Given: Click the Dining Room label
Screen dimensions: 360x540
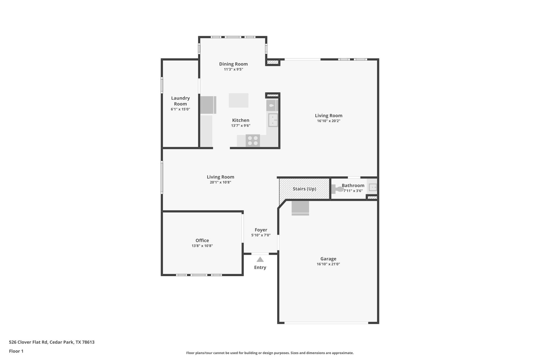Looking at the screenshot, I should (233, 64).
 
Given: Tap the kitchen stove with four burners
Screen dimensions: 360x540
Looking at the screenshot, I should (253, 141).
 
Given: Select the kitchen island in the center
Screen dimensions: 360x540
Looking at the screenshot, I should (238, 100).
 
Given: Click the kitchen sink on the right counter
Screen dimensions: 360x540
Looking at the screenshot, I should (273, 120).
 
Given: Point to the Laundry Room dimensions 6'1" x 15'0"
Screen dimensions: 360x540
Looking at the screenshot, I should (180, 109).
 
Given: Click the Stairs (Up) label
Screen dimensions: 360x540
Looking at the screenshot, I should (304, 189).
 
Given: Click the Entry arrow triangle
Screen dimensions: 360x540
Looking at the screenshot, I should (260, 260).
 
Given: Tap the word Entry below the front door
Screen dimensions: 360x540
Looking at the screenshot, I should (260, 267).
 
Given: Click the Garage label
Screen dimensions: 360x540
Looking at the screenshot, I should (328, 259).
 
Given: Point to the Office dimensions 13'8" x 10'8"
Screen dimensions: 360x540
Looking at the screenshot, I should (202, 246).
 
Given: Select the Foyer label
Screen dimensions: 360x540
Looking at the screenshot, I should (261, 230).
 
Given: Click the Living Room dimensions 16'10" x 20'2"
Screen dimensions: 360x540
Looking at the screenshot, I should (329, 121).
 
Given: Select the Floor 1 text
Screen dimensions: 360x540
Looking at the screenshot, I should (16, 351).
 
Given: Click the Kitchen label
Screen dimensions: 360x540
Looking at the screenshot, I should (240, 120).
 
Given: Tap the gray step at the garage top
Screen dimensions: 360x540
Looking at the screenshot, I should (300, 208).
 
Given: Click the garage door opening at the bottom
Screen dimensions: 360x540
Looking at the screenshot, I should (326, 323).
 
